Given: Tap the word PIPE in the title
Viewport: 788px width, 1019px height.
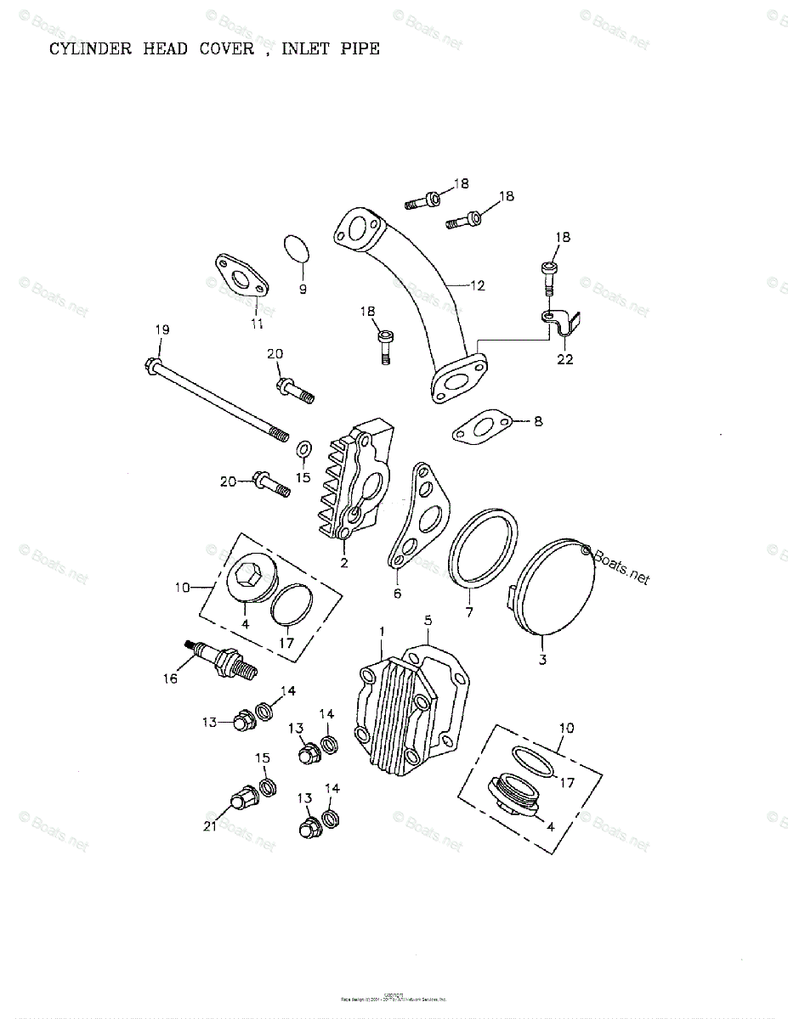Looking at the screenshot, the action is (358, 48).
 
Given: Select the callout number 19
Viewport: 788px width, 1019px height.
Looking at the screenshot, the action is (162, 329).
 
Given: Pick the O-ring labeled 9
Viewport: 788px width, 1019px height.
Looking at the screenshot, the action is (297, 251).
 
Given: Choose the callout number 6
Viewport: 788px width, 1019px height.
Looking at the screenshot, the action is (396, 594).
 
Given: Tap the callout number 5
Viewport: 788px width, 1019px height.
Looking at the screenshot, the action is (428, 620).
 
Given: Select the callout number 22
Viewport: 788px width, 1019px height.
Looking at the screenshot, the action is (565, 359).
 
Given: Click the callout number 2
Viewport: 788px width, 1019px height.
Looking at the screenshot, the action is (343, 562).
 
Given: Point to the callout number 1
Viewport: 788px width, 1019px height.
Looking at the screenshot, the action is (383, 632).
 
